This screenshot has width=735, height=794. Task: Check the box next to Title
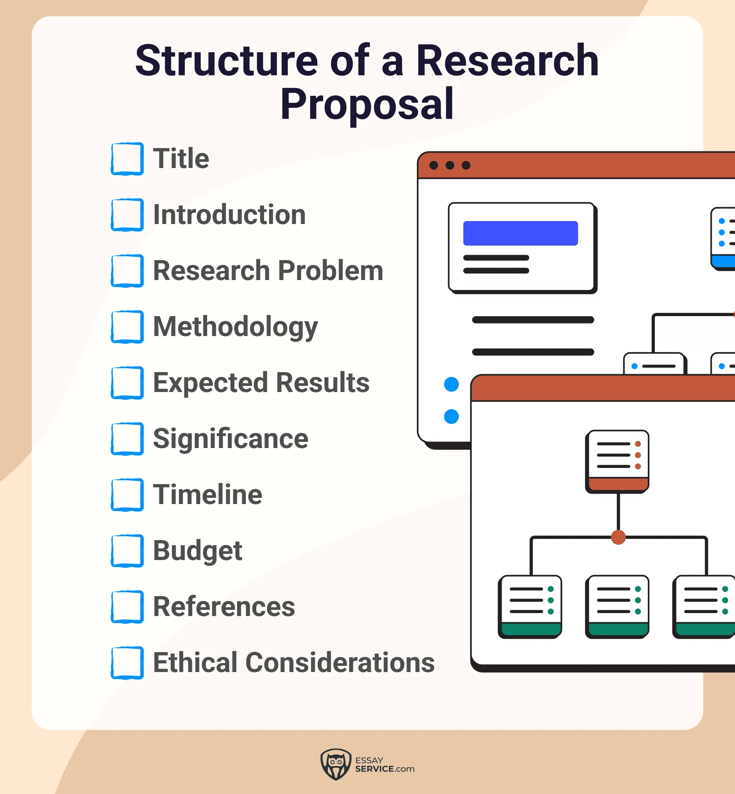127,158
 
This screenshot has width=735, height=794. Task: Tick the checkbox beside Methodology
127,326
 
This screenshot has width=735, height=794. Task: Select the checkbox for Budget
127,550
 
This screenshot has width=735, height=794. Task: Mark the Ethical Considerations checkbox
127,662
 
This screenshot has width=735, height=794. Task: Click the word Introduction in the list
229,214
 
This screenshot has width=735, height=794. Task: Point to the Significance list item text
230,438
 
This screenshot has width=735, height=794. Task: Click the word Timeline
208,494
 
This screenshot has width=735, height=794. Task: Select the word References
224,606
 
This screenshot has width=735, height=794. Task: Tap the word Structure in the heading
227,61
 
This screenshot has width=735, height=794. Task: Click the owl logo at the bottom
336,764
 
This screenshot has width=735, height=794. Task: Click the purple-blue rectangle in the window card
520,233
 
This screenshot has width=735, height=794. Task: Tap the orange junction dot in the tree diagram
618,537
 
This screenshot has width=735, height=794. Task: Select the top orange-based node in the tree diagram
617,461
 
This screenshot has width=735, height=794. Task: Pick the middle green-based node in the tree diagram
617,606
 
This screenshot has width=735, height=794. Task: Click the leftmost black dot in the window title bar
434,166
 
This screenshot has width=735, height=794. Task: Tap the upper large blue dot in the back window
451,384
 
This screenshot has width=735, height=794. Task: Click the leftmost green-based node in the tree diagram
530,606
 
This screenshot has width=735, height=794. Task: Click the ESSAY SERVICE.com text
385,765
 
